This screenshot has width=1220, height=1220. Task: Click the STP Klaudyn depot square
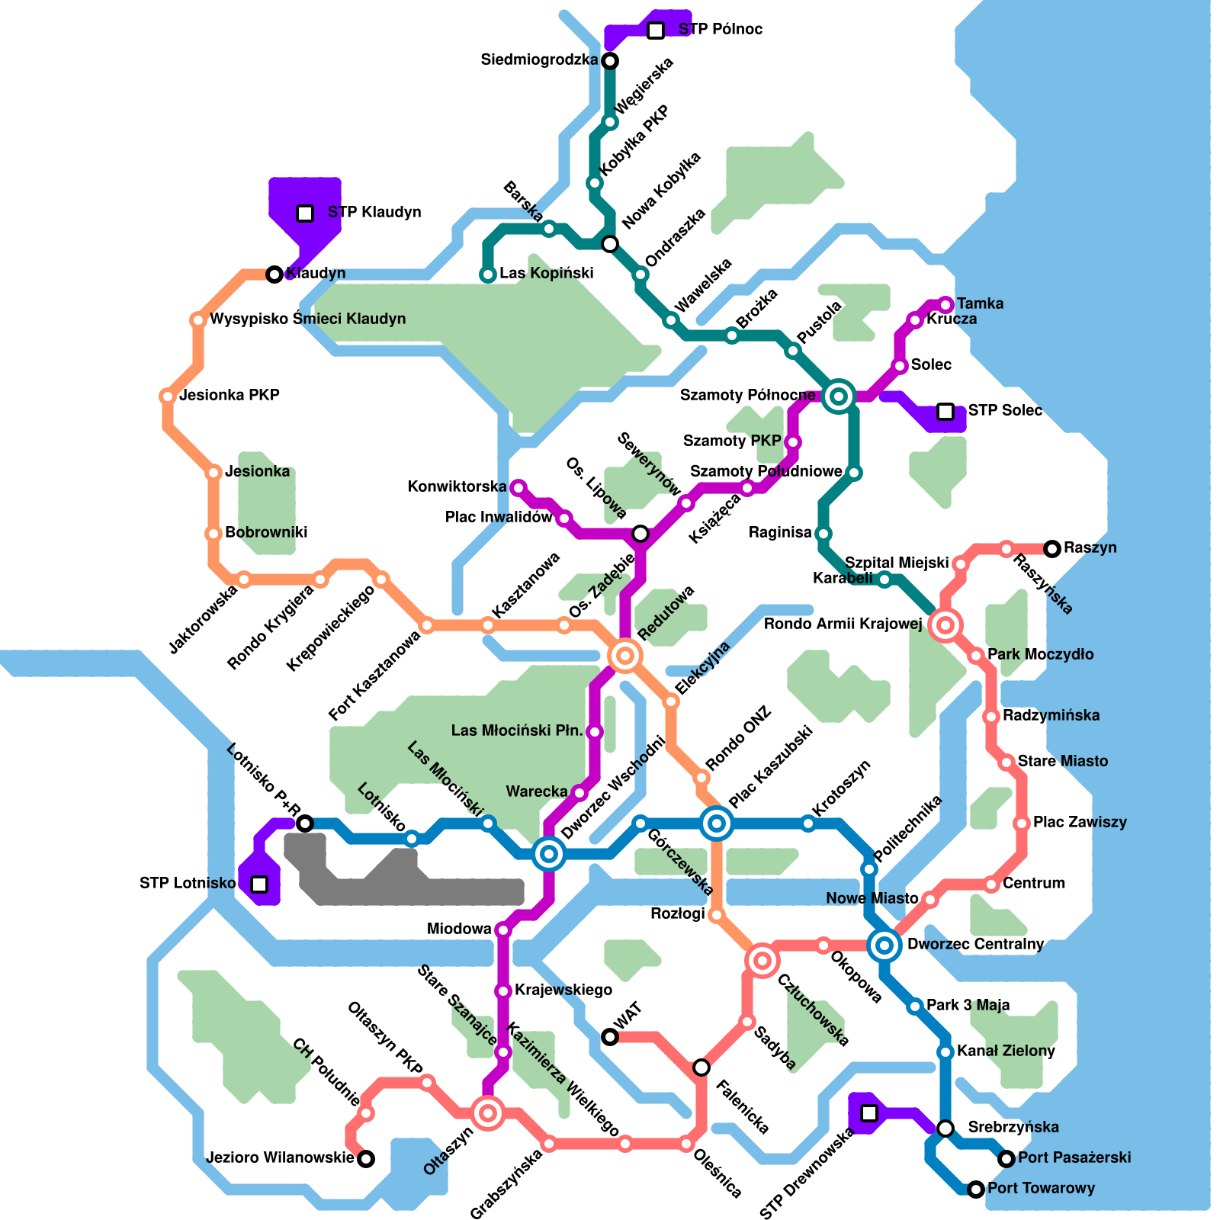click(x=305, y=213)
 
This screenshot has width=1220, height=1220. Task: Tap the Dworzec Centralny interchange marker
click(x=884, y=945)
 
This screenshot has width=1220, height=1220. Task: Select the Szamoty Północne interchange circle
click(x=839, y=396)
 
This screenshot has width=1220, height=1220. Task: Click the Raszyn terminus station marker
click(x=1052, y=548)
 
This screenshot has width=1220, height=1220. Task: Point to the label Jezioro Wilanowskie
click(x=280, y=1158)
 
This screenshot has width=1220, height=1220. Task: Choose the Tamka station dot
click(x=946, y=304)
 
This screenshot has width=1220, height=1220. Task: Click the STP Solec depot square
click(x=945, y=412)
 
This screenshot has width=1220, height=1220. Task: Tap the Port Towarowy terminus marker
click(x=976, y=1189)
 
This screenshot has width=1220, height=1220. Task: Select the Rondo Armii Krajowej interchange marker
click(x=945, y=625)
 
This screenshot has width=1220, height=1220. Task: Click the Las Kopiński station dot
click(x=488, y=274)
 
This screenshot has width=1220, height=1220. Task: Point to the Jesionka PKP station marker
click(x=168, y=396)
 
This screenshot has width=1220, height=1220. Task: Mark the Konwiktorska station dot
click(x=518, y=487)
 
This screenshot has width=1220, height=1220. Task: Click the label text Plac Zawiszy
click(x=1080, y=822)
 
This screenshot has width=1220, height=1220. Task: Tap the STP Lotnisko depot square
click(x=259, y=884)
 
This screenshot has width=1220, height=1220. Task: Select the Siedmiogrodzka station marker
click(x=610, y=60)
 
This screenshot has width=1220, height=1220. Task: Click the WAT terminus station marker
click(x=610, y=1037)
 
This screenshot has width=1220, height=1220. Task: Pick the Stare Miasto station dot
click(x=1006, y=762)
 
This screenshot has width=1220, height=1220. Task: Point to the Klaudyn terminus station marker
click(x=274, y=274)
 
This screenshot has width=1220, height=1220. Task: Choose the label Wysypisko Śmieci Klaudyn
click(x=307, y=319)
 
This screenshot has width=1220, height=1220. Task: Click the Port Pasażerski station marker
click(x=1006, y=1159)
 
